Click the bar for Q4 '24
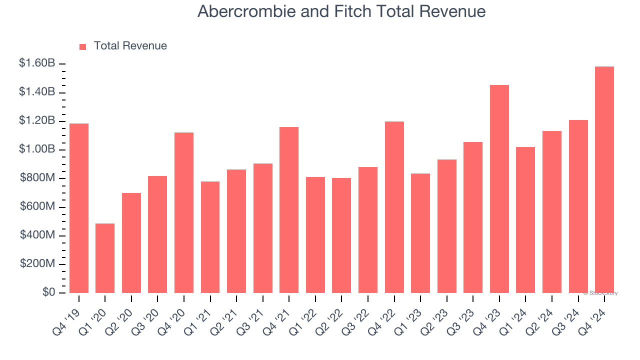pos(604,179)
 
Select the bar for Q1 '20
pos(105,258)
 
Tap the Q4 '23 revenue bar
pos(499,189)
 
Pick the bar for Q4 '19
pos(79,208)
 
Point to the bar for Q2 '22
pos(341,235)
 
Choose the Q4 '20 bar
pos(184,212)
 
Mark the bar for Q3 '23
pos(473,217)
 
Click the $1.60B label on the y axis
pos(37,63)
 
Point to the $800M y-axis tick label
pos(37,178)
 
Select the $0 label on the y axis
pos(48,292)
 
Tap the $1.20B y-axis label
pos(37,121)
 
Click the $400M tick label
pos(37,235)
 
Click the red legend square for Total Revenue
pos(83,46)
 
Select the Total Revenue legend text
pos(130,46)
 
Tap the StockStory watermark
pos(600,293)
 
